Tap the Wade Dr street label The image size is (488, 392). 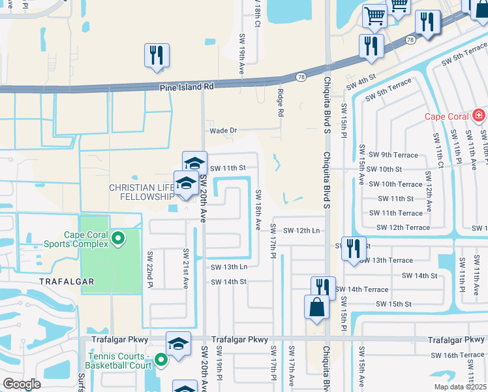tap(222, 131)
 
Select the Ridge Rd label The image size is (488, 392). tap(281, 103)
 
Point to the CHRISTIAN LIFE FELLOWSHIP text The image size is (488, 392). tap(141, 192)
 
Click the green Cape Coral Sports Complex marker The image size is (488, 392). tap(118, 238)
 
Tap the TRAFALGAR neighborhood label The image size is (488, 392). tap(67, 282)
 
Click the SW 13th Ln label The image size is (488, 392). tap(229, 267)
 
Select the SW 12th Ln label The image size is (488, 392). tap(301, 230)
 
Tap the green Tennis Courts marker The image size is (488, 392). tap(159, 357)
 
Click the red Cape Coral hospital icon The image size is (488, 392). tap(480, 116)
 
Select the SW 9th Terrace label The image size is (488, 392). tap(393, 155)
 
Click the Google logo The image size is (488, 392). tap(22, 384)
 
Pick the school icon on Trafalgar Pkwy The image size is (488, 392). tap(178, 343)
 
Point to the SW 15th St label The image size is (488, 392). tap(393, 304)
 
